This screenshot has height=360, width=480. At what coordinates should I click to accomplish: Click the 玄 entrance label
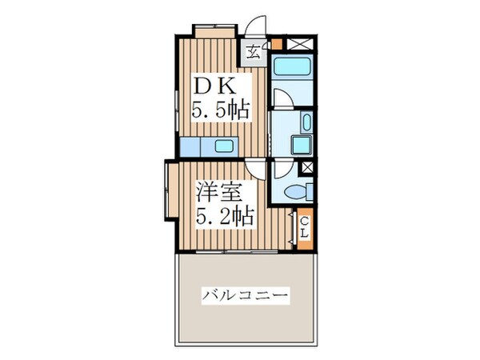[252, 54]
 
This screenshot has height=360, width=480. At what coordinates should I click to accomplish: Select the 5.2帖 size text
[226, 217]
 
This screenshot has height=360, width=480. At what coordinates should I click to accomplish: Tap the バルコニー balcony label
[245, 294]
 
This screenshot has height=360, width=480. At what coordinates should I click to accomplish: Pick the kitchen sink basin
[225, 146]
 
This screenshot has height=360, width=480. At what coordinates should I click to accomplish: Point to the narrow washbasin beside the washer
[306, 122]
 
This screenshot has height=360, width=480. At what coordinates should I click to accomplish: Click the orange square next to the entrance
[276, 44]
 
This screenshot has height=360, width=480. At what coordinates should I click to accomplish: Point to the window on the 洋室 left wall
[167, 192]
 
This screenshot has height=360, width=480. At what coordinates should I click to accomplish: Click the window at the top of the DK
[214, 30]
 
